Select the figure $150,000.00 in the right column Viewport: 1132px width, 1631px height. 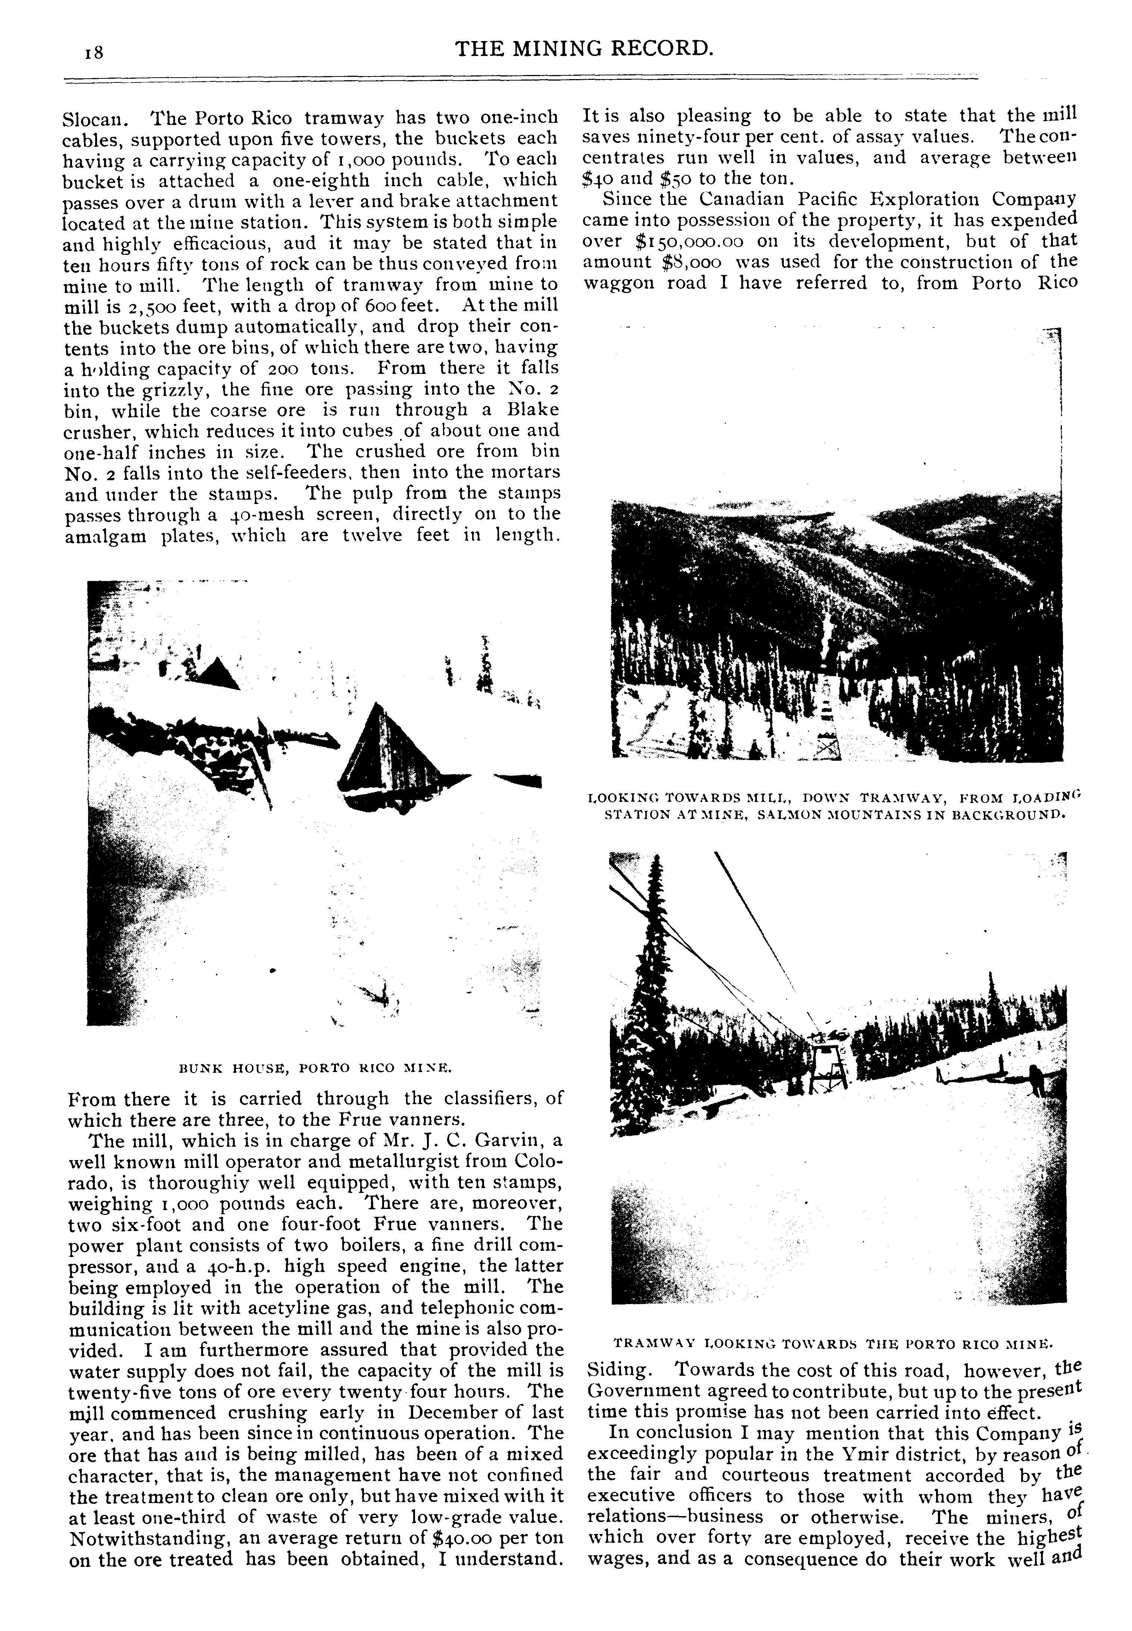coord(679,240)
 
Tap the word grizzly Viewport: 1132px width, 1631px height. coord(177,389)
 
